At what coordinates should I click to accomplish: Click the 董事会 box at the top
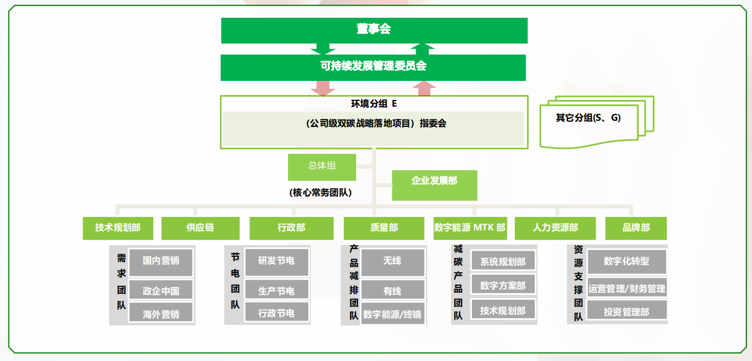(374, 30)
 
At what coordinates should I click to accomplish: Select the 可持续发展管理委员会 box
(373, 67)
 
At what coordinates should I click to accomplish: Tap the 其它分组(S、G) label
(588, 118)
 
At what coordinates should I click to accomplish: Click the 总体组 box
(322, 166)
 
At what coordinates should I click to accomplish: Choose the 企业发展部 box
(435, 181)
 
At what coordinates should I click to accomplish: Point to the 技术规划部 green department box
(118, 228)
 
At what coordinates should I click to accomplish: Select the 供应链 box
(200, 228)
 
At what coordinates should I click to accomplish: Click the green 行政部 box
(291, 228)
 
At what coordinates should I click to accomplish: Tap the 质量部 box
(384, 228)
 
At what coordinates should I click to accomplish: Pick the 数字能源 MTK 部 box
(470, 228)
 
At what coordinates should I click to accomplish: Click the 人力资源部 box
(555, 228)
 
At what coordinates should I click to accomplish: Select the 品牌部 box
(636, 228)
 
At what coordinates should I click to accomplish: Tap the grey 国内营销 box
(161, 262)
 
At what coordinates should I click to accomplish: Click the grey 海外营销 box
(161, 314)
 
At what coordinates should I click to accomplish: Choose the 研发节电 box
(276, 262)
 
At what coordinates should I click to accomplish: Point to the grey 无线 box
(392, 262)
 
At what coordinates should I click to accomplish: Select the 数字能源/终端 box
(392, 314)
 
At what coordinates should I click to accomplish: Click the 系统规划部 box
(503, 262)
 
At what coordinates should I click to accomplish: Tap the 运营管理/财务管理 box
(626, 288)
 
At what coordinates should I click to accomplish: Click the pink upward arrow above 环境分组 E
(423, 88)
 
